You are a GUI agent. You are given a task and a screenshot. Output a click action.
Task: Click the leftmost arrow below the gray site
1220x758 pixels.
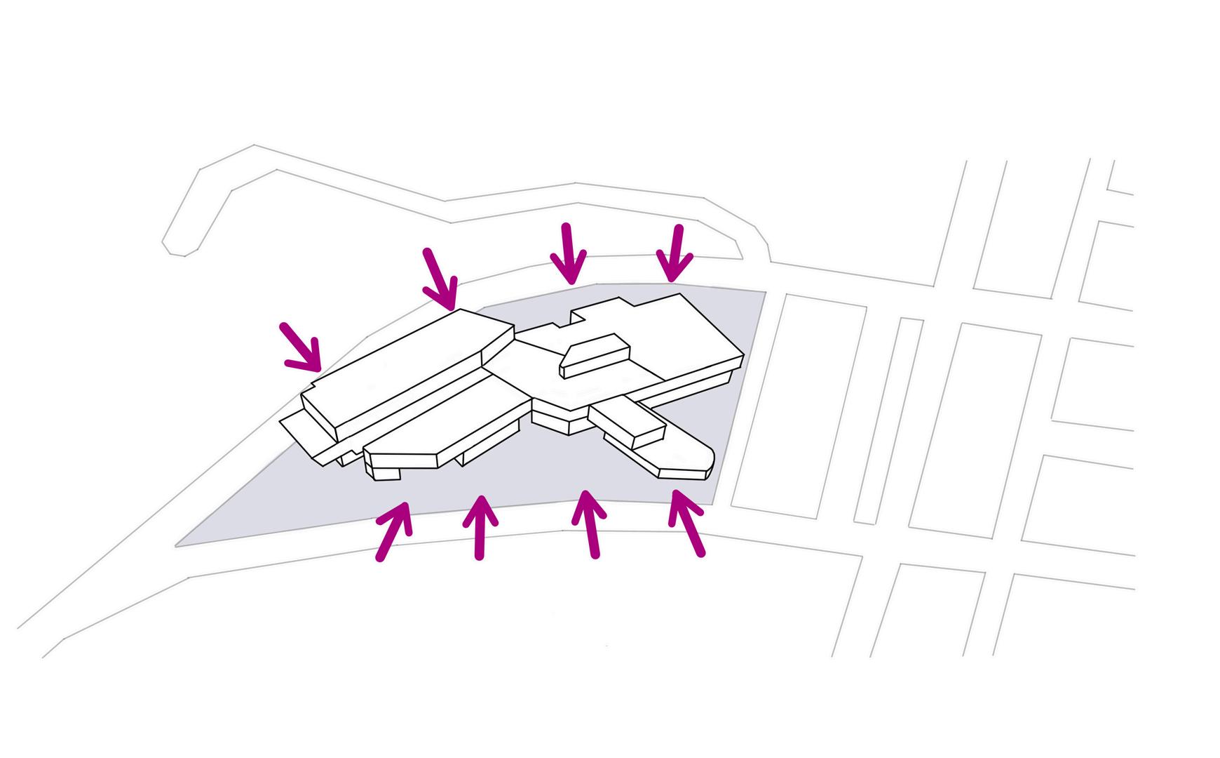(393, 531)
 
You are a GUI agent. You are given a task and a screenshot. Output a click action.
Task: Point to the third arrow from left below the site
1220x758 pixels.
(590, 523)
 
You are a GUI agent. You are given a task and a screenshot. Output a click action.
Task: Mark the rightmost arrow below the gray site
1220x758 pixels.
(686, 523)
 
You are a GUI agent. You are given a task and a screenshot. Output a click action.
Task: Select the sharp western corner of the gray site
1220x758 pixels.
(177, 545)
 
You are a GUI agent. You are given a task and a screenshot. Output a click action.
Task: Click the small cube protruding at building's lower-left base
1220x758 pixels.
(386, 473)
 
